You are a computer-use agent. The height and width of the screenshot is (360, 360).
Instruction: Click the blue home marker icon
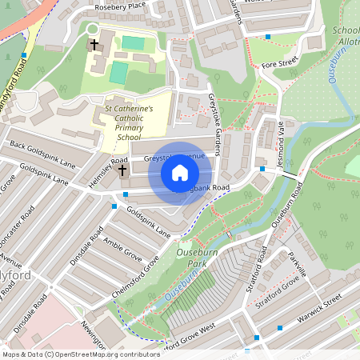coord(180,173)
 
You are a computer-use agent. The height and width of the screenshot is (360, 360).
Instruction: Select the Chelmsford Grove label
coord(135,276)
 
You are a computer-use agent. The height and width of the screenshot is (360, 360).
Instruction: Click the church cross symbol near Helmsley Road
coord(122,170)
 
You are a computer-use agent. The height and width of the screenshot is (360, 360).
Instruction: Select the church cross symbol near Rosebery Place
coord(94,45)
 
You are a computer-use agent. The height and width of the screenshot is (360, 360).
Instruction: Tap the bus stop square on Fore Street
coord(268,37)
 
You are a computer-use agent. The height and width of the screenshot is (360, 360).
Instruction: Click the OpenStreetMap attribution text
coord(80,354)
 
